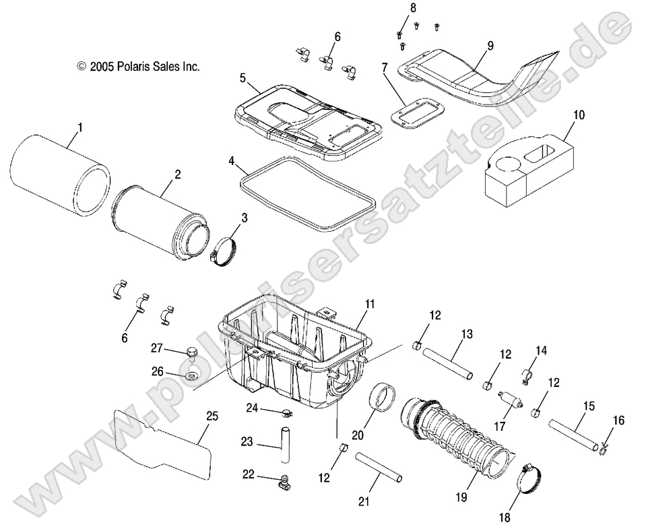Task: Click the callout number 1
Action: point(80,126)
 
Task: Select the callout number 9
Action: point(490,46)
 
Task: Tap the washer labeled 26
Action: point(191,374)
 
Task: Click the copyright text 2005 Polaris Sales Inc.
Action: point(139,67)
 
